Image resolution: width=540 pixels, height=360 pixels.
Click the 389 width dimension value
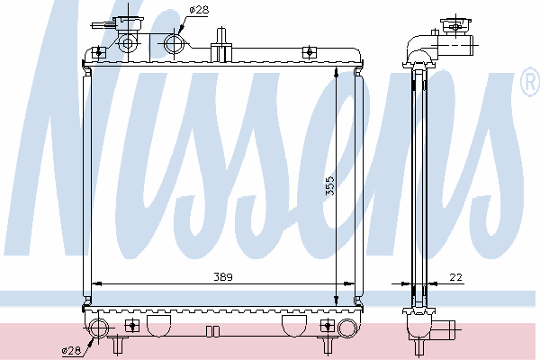(x=223, y=276)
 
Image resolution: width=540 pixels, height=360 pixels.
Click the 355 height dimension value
(x=330, y=185)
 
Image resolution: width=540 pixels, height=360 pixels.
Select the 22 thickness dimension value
(x=455, y=276)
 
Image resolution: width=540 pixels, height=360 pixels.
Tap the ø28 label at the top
(x=199, y=10)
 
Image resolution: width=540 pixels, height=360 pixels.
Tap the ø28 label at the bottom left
(x=71, y=351)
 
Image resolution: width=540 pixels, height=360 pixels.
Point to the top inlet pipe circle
(x=175, y=44)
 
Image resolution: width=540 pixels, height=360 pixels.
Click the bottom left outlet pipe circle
(x=98, y=328)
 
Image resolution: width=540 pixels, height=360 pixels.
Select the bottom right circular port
(x=346, y=328)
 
